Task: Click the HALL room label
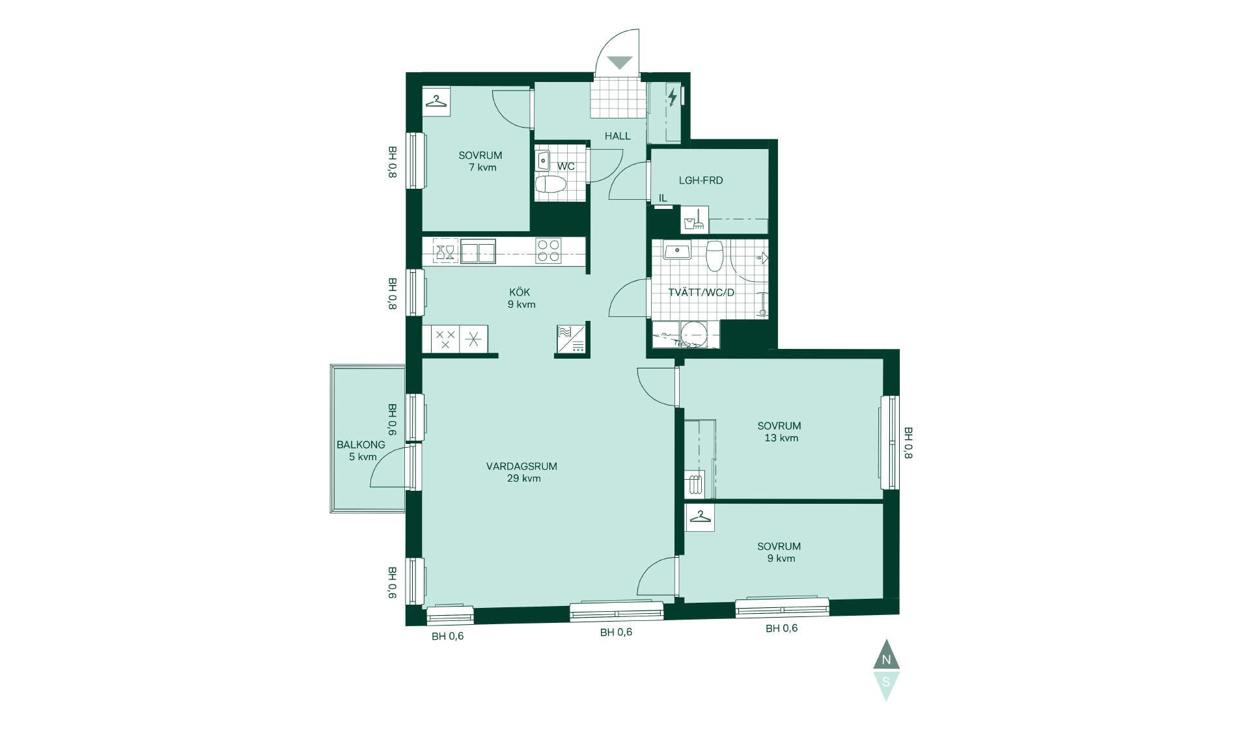coord(617,136)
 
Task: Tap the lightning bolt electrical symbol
coord(673,97)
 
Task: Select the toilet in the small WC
coord(550,184)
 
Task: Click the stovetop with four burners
coord(548,251)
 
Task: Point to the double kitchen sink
coord(478,251)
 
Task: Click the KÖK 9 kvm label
coord(521,298)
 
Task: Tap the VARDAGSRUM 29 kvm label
coord(522,472)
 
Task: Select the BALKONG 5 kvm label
coord(361,450)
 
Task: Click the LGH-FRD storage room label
coord(701,180)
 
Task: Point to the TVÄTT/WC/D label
coord(701,292)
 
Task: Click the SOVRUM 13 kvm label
coord(779,432)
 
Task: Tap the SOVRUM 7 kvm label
coord(480,161)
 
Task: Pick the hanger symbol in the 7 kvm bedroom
coord(436,102)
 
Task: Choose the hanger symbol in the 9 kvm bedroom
coord(700,517)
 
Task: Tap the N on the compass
coord(886,660)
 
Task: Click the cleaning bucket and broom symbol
coord(695,220)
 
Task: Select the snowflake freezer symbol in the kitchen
coord(473,339)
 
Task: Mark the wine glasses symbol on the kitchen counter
coord(445,251)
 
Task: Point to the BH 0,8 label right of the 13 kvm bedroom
coord(908,443)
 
